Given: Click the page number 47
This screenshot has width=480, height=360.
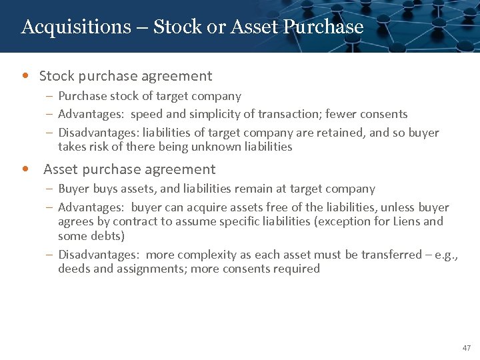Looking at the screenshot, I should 466,348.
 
